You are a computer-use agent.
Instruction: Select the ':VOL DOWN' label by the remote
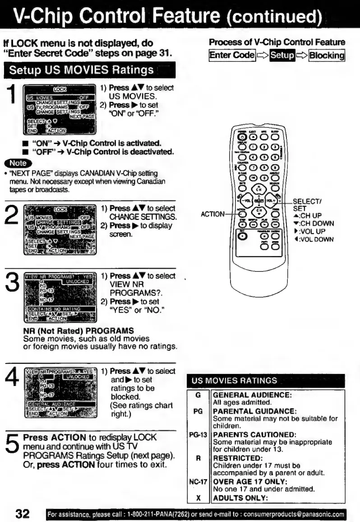tap(318, 239)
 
